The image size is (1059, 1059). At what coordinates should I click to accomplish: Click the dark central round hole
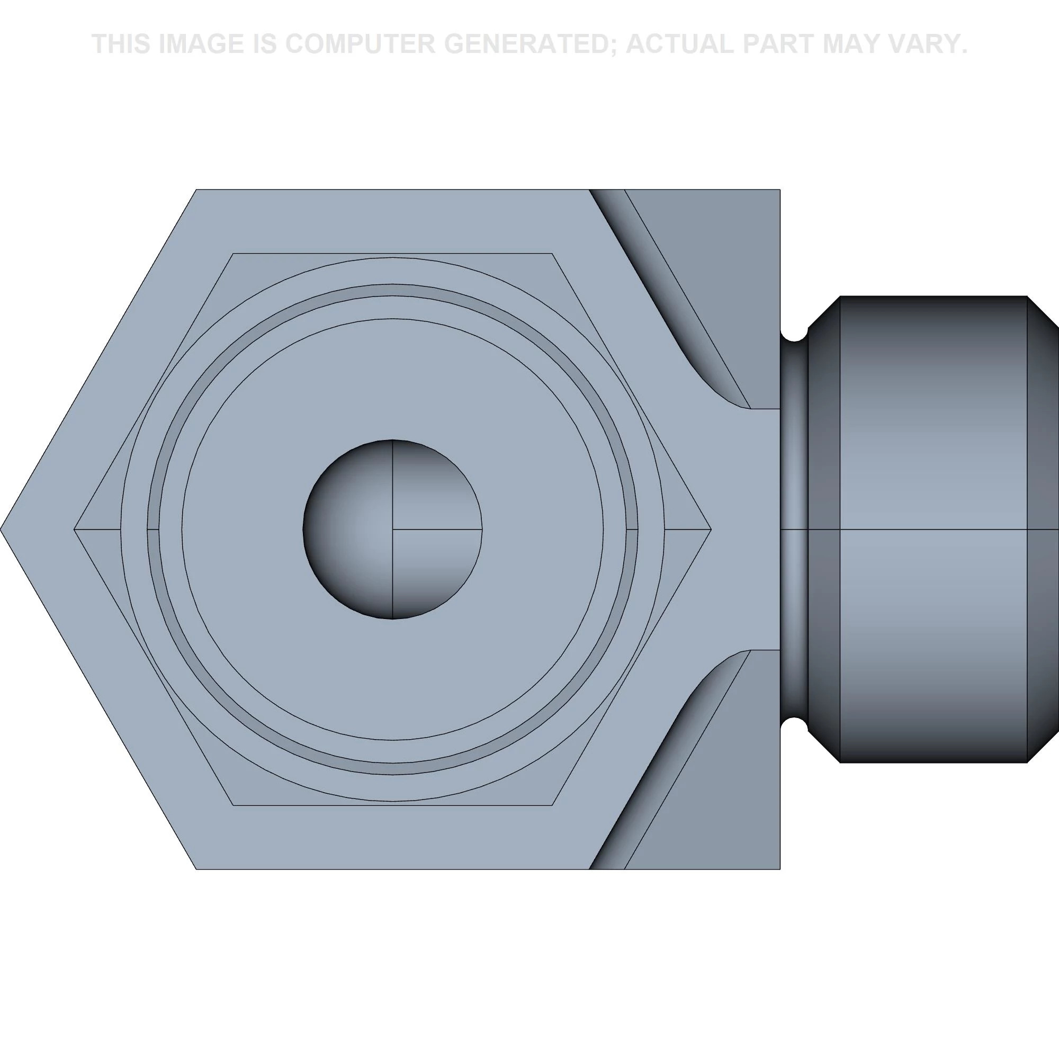pyautogui.click(x=392, y=529)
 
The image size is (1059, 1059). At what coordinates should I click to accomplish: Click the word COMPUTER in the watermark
pyautogui.click(x=359, y=44)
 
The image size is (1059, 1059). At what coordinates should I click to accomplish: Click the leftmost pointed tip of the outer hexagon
pyautogui.click(x=2, y=529)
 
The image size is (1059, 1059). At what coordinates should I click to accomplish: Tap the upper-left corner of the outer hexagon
pyautogui.click(x=196, y=190)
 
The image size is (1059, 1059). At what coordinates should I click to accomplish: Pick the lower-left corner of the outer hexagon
pyautogui.click(x=196, y=869)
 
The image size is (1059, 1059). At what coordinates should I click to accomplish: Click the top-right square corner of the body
pyautogui.click(x=779, y=190)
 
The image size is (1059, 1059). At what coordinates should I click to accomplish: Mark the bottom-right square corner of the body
pyautogui.click(x=779, y=869)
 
